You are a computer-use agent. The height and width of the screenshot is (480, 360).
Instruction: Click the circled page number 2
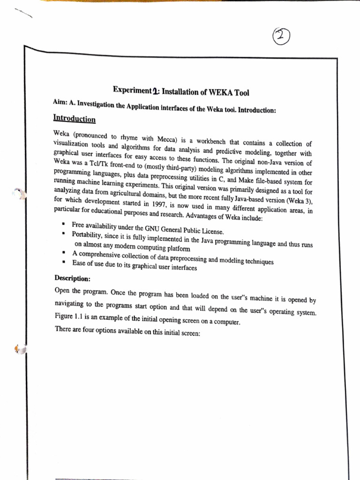click(280, 35)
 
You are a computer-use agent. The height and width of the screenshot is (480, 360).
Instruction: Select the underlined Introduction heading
click(75, 119)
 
